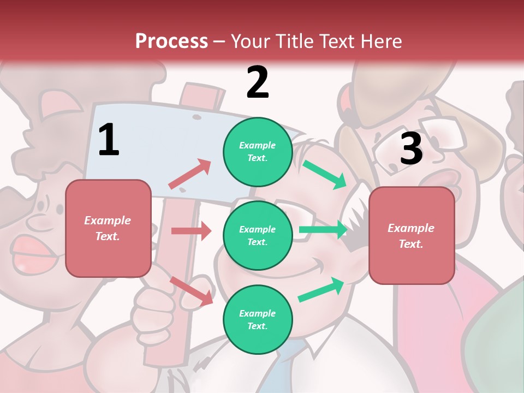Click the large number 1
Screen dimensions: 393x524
point(109,140)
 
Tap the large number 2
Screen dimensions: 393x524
point(258,82)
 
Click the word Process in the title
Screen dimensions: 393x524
point(171,41)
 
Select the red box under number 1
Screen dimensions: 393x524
point(108,228)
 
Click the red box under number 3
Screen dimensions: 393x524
point(412,235)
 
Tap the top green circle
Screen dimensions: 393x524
point(258,152)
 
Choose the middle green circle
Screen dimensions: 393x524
point(258,235)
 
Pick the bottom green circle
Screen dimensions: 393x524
point(258,319)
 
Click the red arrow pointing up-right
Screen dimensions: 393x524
point(190,174)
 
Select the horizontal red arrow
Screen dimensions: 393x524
point(191,231)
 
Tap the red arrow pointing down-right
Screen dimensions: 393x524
point(192,290)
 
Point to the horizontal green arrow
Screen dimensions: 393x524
point(323,230)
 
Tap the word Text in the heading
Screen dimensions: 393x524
point(334,41)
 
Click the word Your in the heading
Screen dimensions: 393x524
point(251,41)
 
